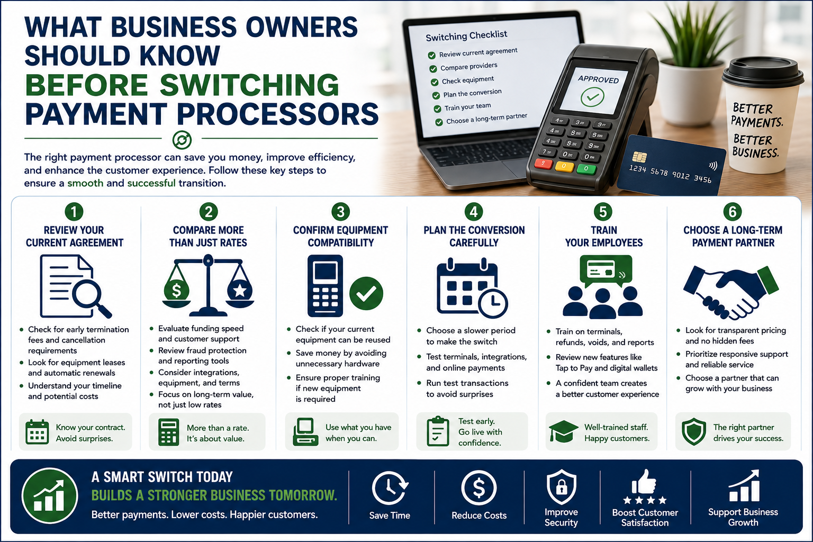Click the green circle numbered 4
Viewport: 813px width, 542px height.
coord(474,212)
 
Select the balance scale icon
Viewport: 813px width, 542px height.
coord(208,285)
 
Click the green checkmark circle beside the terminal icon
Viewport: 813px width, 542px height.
coord(366,293)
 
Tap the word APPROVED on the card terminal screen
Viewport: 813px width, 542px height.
coord(598,79)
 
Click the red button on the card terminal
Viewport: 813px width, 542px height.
coord(544,164)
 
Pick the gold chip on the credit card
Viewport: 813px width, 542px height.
coord(639,157)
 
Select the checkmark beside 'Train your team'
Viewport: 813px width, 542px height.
coord(438,109)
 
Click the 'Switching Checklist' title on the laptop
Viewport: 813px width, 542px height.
coord(466,35)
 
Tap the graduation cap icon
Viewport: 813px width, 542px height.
coord(563,431)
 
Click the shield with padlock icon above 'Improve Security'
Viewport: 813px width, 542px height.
coord(562,486)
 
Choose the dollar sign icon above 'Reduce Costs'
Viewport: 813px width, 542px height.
coord(478,487)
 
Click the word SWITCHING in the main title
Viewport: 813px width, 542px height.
coord(249,85)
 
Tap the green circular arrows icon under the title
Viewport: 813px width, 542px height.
coord(182,140)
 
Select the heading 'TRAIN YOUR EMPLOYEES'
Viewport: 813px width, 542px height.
coord(603,236)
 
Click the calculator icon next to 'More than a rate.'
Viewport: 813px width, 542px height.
coord(169,432)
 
